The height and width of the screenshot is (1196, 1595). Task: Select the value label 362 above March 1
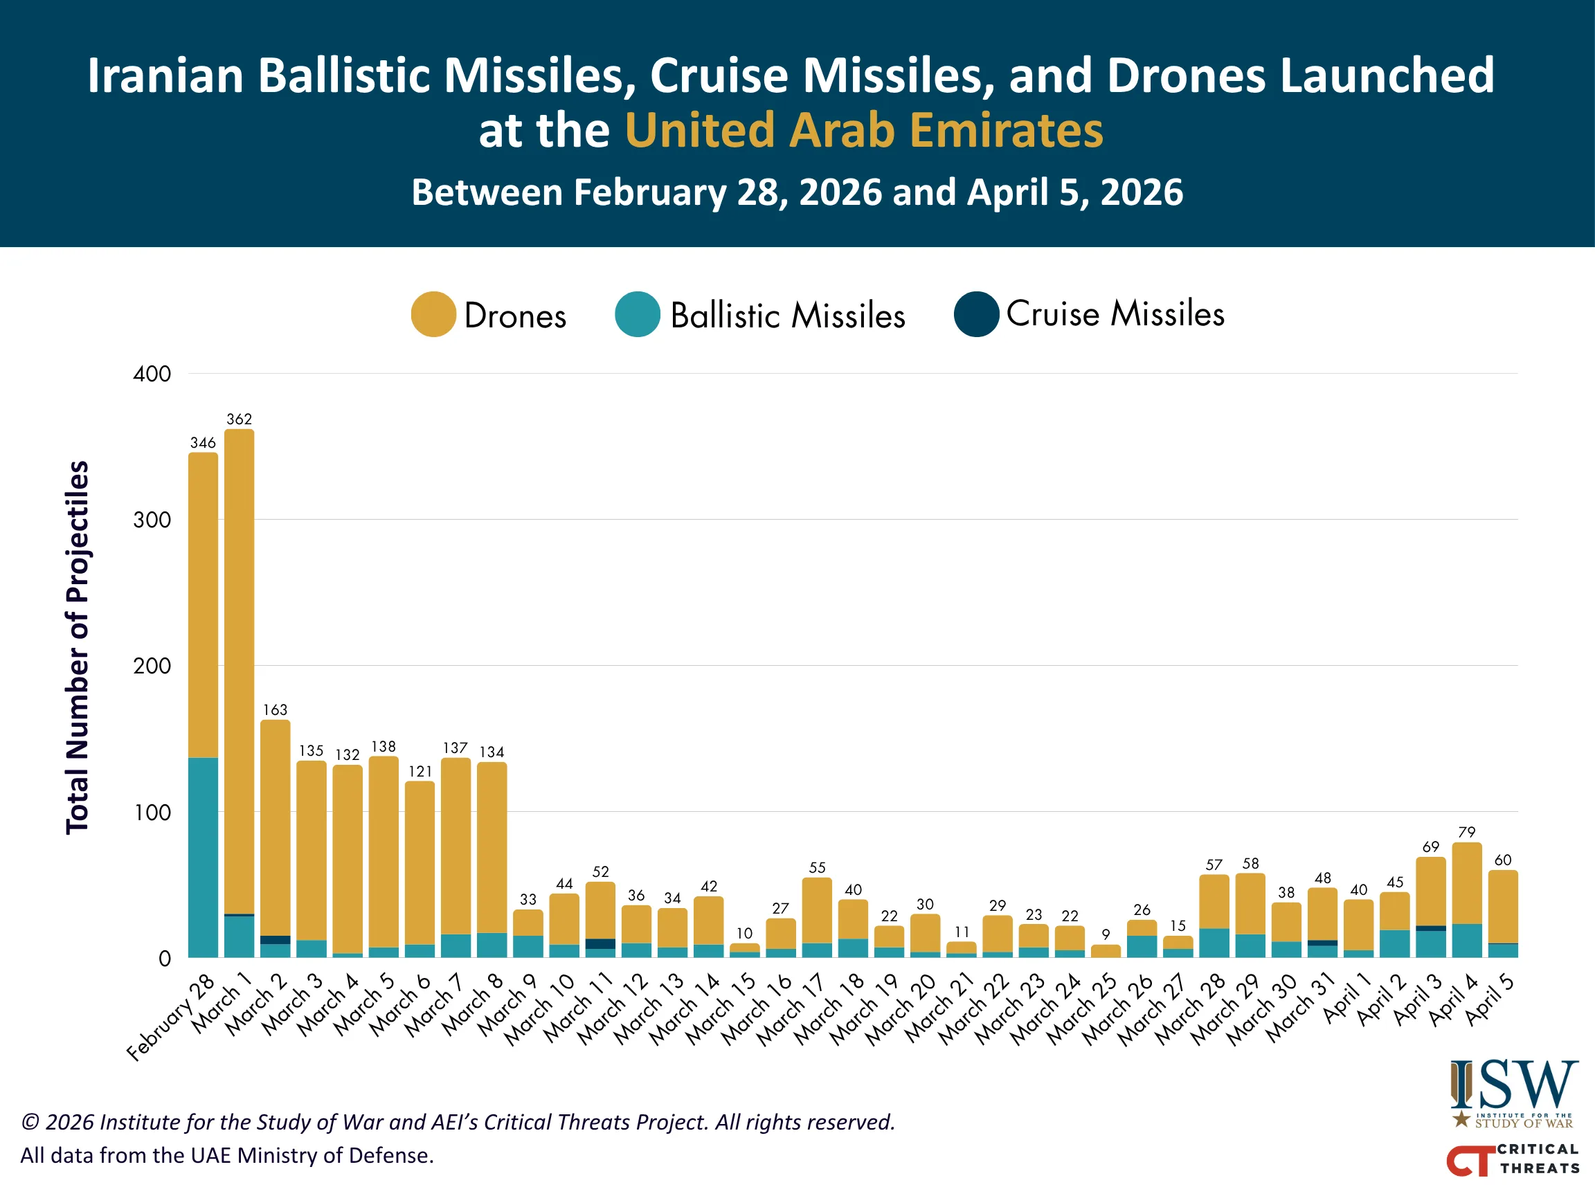(239, 419)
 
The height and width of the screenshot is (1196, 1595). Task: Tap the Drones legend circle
(433, 314)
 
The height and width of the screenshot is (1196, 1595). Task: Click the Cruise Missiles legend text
(1115, 314)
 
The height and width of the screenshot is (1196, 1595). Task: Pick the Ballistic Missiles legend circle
(638, 314)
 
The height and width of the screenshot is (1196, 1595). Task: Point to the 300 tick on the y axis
(152, 520)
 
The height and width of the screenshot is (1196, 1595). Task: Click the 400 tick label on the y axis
(152, 374)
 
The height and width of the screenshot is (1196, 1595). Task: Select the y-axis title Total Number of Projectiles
(78, 646)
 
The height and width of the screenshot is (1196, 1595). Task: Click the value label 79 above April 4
(1466, 832)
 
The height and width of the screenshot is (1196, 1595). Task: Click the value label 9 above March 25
(1106, 934)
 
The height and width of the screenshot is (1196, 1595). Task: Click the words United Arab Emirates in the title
(863, 131)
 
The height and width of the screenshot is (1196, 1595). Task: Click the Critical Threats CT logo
(1513, 1159)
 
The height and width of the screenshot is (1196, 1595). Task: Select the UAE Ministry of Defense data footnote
(227, 1156)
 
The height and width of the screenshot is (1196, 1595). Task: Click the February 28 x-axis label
(172, 1017)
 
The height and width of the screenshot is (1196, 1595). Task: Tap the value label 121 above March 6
(420, 772)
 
